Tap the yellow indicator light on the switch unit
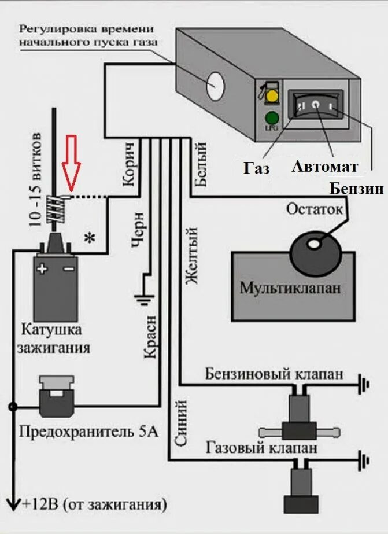(269, 95)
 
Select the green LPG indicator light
(269, 116)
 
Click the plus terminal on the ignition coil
(42, 268)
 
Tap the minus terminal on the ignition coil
(68, 268)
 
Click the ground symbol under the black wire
(140, 299)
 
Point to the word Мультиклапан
(290, 286)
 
